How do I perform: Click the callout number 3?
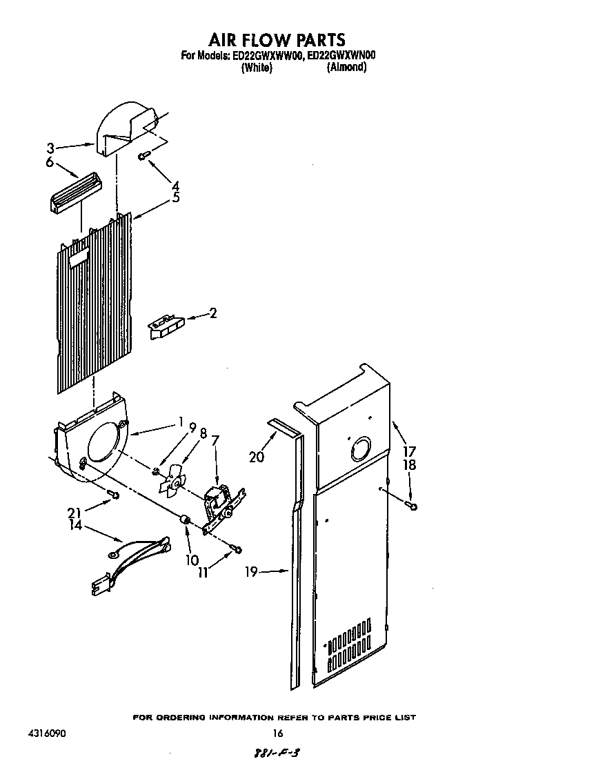[50, 147]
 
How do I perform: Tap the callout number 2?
[212, 313]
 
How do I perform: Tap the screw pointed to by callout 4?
[142, 156]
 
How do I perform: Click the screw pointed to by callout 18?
[412, 506]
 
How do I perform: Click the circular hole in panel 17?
[359, 451]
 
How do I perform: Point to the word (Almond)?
[346, 68]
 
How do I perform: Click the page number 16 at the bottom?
[278, 733]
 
